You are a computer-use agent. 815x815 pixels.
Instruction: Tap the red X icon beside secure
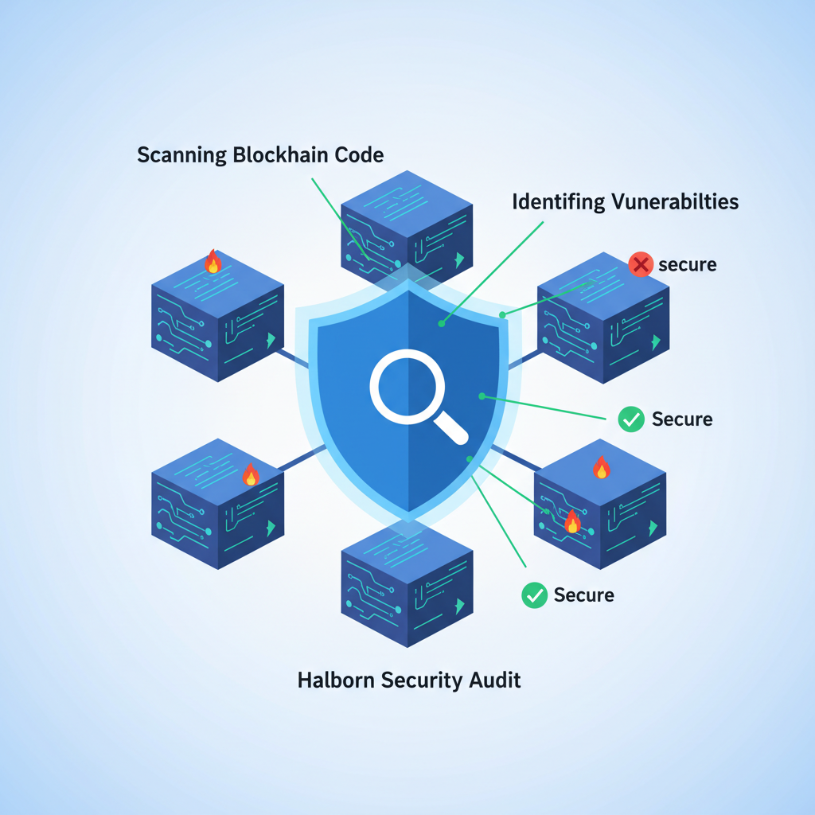[x=641, y=264]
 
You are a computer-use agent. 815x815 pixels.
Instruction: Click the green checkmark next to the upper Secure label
[x=631, y=419]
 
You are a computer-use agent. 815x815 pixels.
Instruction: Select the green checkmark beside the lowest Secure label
[x=534, y=595]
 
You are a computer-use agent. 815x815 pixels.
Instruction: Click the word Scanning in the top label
[x=181, y=155]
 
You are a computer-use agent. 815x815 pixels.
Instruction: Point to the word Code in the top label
[x=357, y=154]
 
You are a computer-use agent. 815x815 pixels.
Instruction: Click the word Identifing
[x=558, y=201]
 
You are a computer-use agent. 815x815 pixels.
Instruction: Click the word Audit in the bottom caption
[x=495, y=680]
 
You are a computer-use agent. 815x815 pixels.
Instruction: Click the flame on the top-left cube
[x=213, y=262]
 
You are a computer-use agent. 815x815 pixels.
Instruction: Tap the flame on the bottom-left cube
[x=250, y=475]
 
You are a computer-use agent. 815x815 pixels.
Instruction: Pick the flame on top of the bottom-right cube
[x=602, y=468]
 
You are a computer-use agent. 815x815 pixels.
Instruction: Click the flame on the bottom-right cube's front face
[x=571, y=521]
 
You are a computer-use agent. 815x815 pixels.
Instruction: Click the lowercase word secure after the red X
[x=688, y=264]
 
